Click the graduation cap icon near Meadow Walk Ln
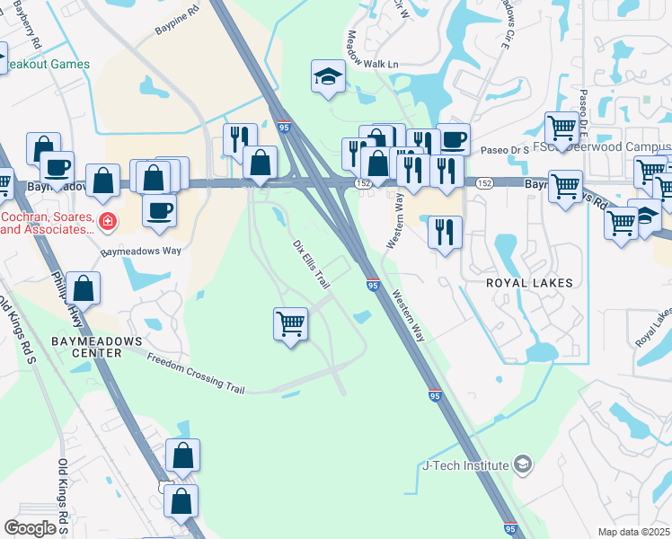tap(328, 76)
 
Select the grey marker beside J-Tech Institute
tap(523, 464)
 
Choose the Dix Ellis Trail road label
tap(312, 263)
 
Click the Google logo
tap(30, 528)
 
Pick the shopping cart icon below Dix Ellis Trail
tap(290, 323)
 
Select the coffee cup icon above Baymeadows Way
tap(160, 210)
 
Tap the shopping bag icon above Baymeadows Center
tap(84, 288)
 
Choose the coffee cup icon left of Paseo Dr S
tap(454, 139)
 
